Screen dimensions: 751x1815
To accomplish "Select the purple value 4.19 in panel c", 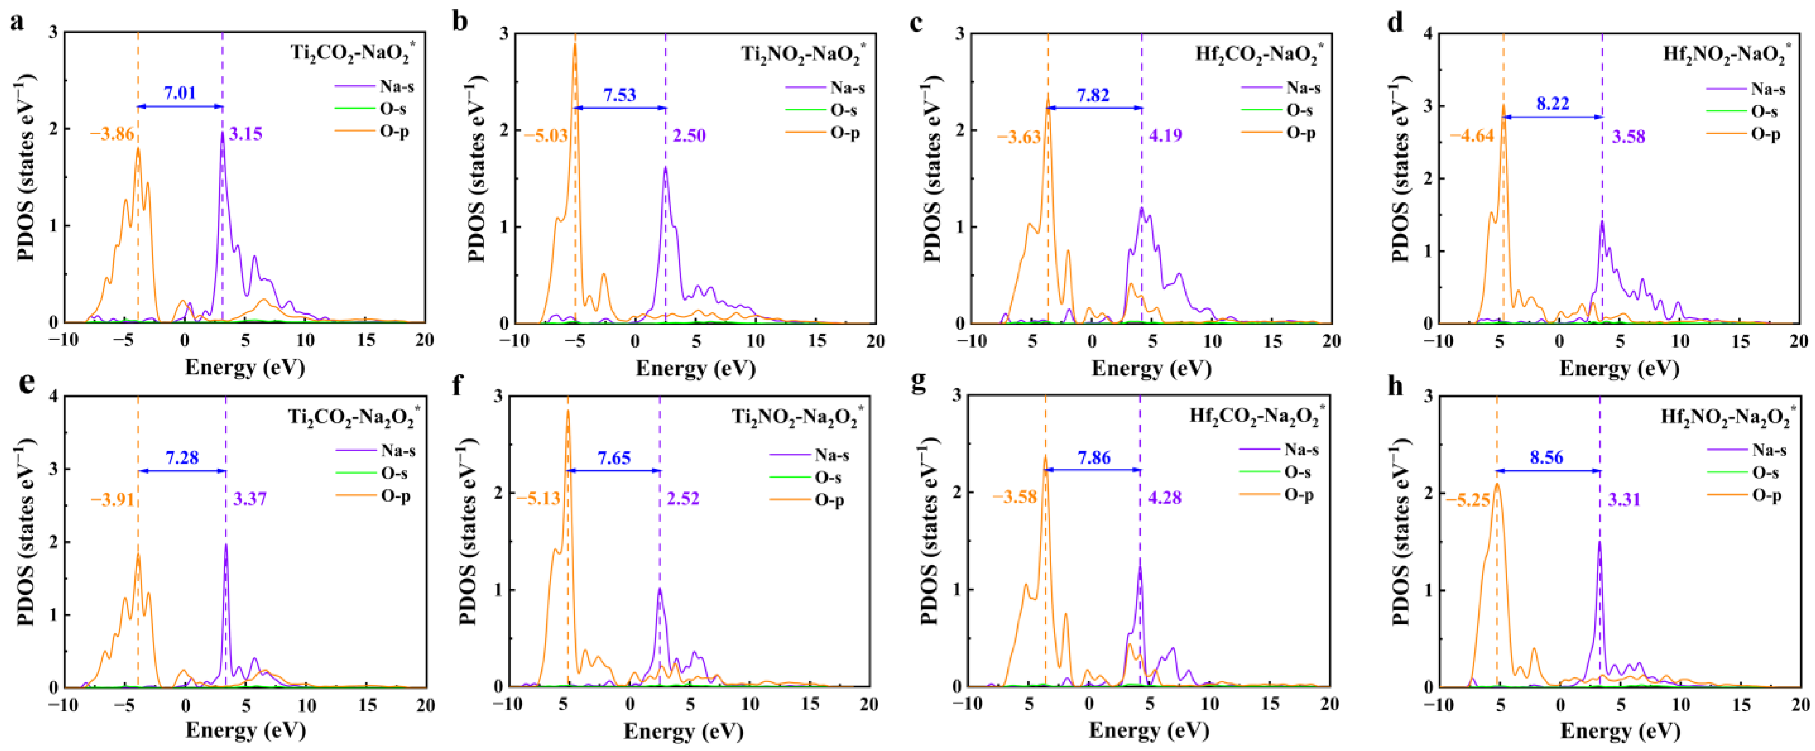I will click(1166, 135).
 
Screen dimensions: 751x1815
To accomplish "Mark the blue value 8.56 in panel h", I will click(1546, 457).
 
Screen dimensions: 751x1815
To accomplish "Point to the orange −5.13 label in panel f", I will click(538, 499).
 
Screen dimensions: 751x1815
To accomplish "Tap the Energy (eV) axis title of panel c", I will click(1151, 369).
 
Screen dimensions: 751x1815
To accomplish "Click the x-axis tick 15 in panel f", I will click(810, 704).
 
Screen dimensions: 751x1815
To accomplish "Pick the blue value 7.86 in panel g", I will click(1094, 458).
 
